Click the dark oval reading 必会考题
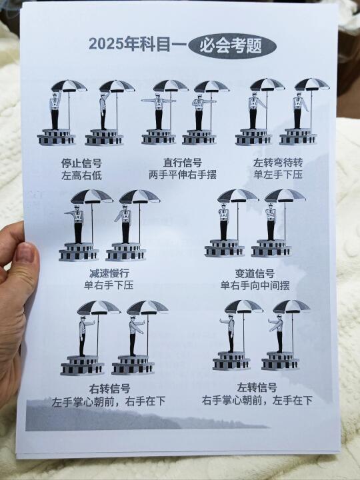coord(233,47)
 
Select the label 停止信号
coord(81,163)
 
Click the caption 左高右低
coord(81,175)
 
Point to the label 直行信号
coord(182,162)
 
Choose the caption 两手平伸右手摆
coord(183,175)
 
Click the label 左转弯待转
coord(278,162)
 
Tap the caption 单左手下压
coord(278,174)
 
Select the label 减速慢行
coord(109,273)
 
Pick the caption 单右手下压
coord(109,285)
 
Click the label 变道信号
coord(255,273)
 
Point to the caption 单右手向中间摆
coord(255,285)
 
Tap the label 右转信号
coord(109,389)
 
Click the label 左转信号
coord(257,388)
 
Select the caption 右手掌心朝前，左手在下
coord(257,400)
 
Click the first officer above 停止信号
coord(55,111)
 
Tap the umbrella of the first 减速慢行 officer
coord(92,197)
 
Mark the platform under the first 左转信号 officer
coord(231,361)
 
